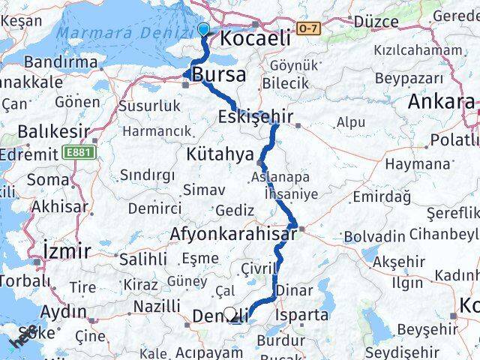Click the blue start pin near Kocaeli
tap(203, 29)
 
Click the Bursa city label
tap(218, 74)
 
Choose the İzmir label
tap(67, 250)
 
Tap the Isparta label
tap(302, 315)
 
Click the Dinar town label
tap(290, 290)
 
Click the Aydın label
tap(63, 311)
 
